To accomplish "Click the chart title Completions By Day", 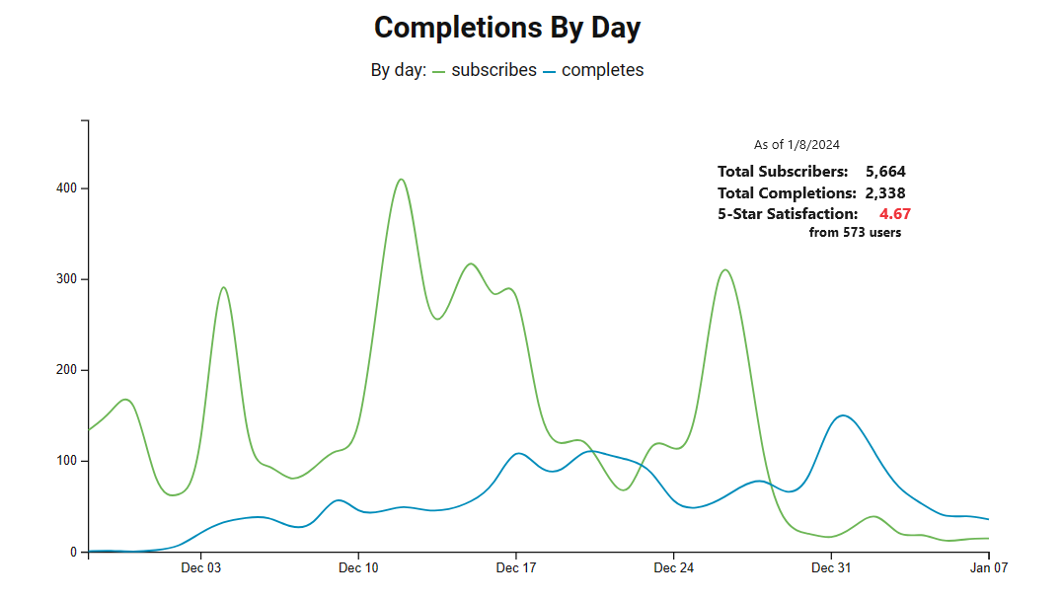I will [507, 28].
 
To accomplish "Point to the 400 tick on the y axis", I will [68, 188].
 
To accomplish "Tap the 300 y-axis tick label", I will [68, 279].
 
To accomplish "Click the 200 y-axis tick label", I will [68, 370].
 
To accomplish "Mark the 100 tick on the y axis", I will [68, 461].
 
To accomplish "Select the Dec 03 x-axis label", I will [201, 568].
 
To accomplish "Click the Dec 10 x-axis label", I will [358, 568].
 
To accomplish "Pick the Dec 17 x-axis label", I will [515, 568].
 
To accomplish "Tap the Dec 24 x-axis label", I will [673, 568].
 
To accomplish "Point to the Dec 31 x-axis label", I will [830, 568].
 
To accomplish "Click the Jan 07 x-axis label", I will [987, 568].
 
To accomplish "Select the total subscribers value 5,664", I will [885, 172].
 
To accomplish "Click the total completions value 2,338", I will [885, 193].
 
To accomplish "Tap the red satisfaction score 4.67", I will [894, 214].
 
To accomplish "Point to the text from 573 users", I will [855, 233].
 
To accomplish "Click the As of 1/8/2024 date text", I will [797, 145].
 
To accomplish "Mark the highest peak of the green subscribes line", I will [401, 180].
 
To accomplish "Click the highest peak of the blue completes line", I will [842, 415].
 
